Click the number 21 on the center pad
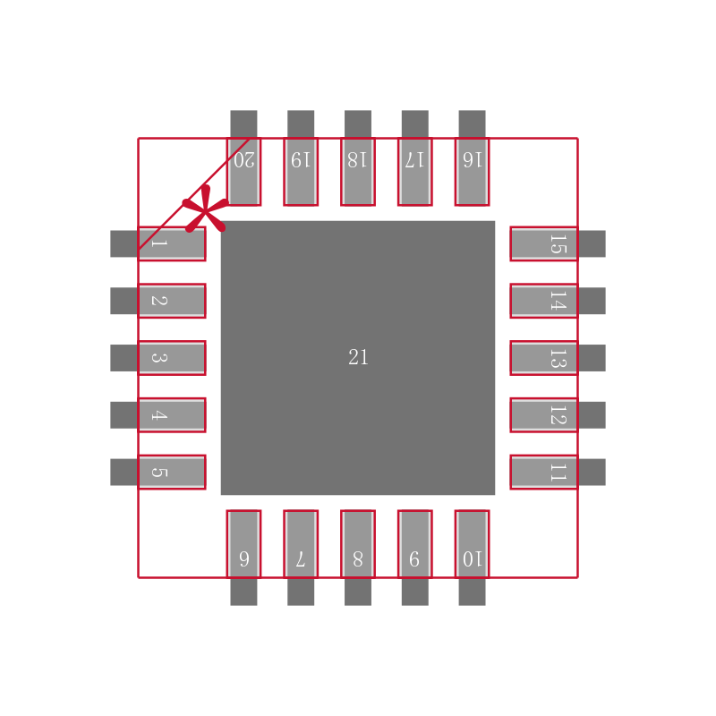pos(358,358)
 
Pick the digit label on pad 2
pos(158,301)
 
